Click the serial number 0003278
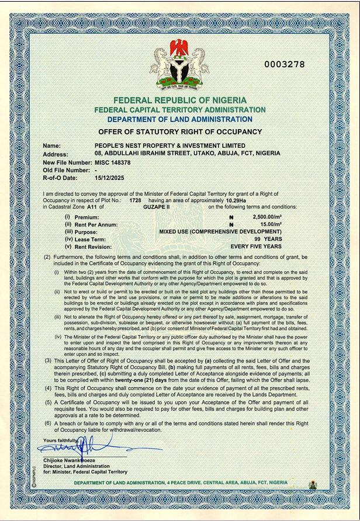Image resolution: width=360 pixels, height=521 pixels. (285, 64)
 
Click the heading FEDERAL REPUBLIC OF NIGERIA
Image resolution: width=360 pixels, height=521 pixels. (180, 100)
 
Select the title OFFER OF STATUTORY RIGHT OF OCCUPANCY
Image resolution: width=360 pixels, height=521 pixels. (180, 132)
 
